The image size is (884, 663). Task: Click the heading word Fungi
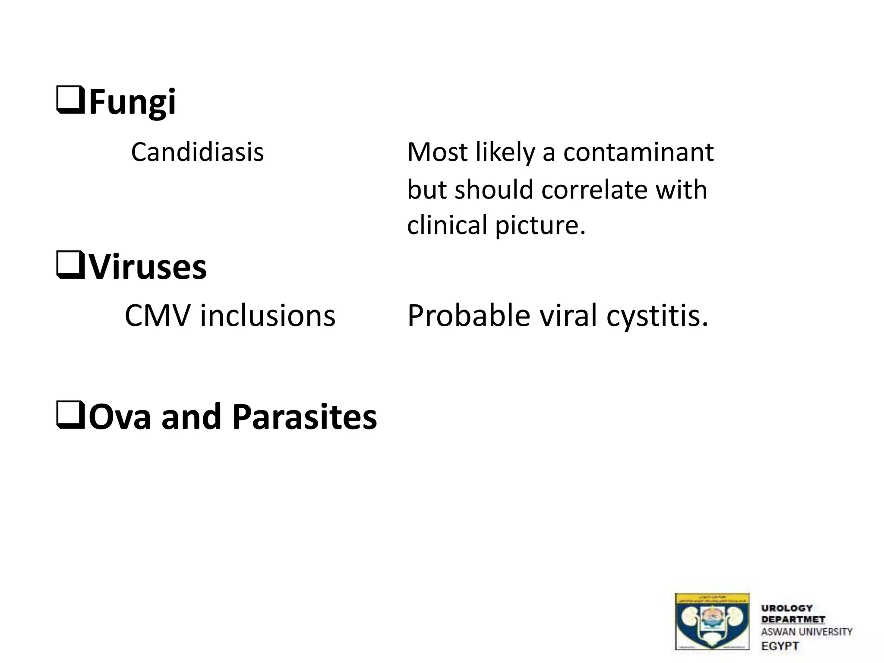[x=132, y=102]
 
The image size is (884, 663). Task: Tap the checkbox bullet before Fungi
[x=70, y=100]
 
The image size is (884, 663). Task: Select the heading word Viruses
[x=148, y=267]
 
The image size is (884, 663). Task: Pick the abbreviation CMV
[x=157, y=316]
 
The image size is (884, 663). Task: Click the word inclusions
[x=267, y=316]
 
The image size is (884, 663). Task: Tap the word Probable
[x=468, y=316]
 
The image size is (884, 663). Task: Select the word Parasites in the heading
[x=304, y=417]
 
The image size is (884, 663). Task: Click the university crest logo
[x=712, y=621]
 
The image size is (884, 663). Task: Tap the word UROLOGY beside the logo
[x=787, y=608]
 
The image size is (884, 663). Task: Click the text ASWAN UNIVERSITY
[x=806, y=632]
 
